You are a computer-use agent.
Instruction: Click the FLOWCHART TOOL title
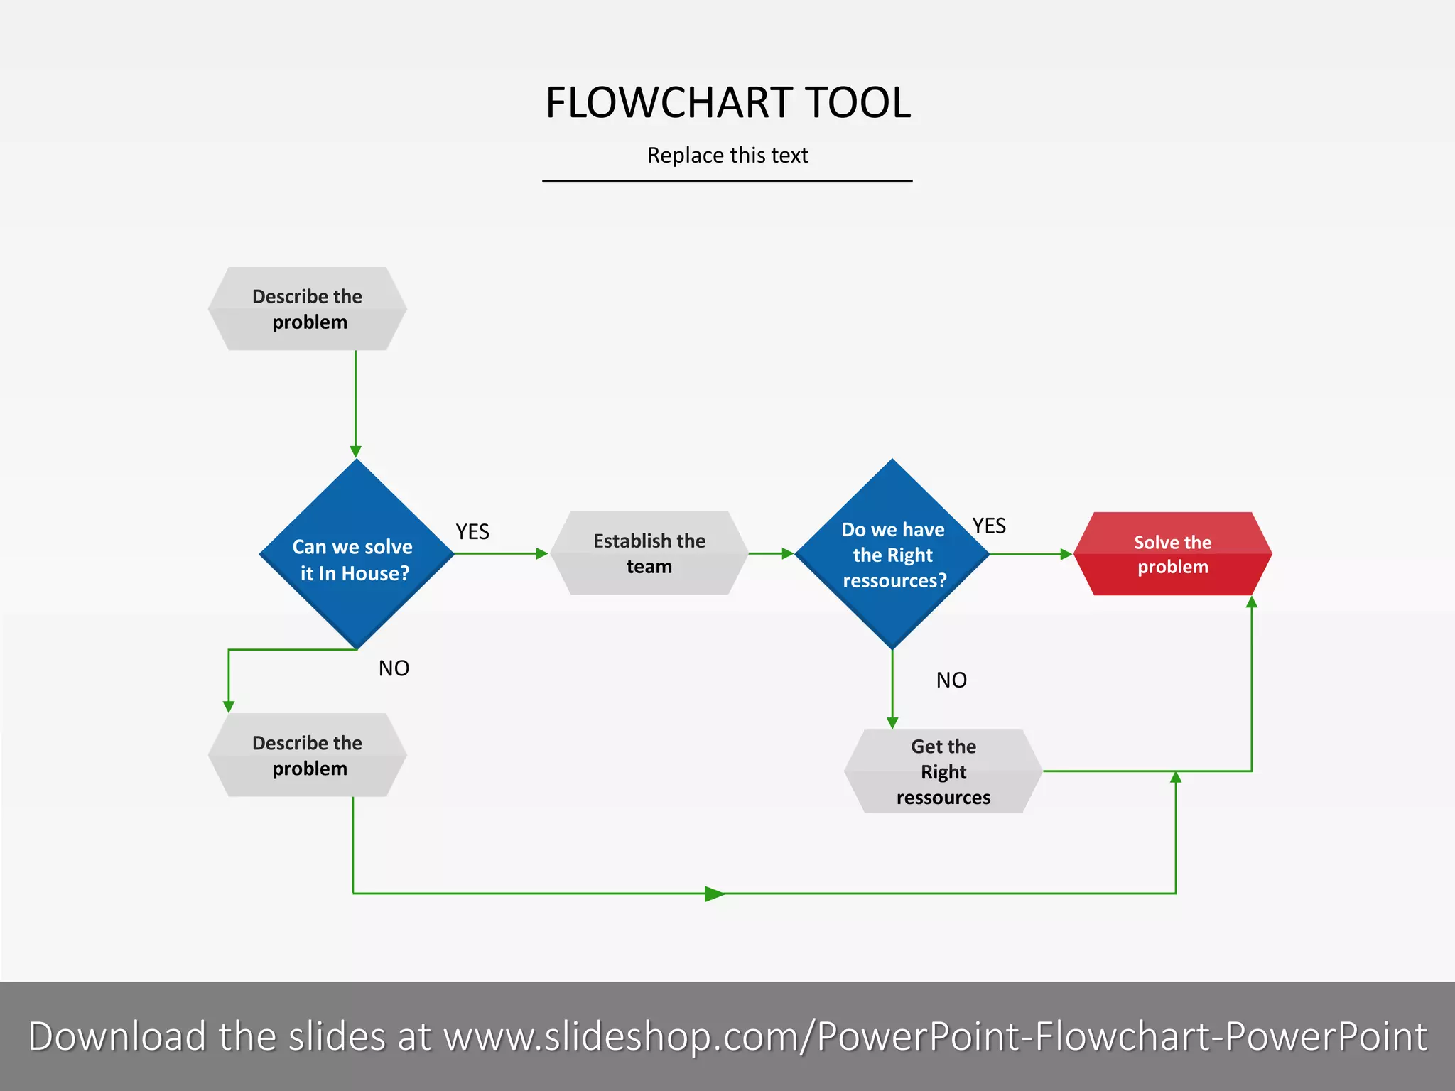[x=727, y=103]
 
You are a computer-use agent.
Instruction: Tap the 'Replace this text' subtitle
[x=727, y=155]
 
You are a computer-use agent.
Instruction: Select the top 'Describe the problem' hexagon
[x=308, y=309]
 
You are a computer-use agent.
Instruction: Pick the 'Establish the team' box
[x=649, y=553]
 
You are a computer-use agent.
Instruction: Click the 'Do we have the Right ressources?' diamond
[x=892, y=555]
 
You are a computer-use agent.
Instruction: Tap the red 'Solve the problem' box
[x=1172, y=554]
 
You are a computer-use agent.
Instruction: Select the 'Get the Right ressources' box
[x=943, y=771]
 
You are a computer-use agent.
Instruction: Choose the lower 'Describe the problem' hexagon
[x=308, y=755]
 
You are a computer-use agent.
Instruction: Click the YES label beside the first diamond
[x=472, y=531]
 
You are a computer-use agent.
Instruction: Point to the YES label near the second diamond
[x=989, y=526]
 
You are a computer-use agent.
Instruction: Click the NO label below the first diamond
[x=394, y=668]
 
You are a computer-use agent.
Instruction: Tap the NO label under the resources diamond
[x=951, y=680]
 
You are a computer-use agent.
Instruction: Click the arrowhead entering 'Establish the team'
[x=542, y=553]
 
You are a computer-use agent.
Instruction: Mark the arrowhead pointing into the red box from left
[x=1066, y=554]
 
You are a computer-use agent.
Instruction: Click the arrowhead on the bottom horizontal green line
[x=714, y=894]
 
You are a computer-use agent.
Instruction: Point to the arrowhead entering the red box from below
[x=1252, y=602]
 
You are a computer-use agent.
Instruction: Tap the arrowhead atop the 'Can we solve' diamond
[x=356, y=452]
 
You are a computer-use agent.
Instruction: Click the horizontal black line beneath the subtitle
[x=727, y=181]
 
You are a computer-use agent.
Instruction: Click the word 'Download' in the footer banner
[x=117, y=1036]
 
